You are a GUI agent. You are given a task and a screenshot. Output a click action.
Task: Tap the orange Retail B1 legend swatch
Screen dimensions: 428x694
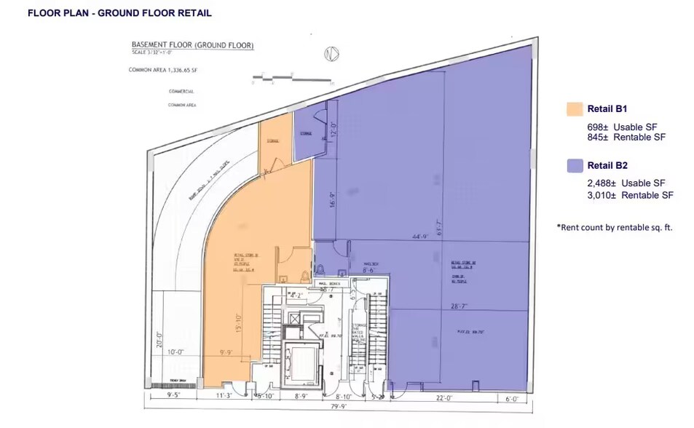[574, 109]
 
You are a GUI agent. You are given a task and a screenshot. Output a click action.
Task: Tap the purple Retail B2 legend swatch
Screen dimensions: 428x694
[574, 166]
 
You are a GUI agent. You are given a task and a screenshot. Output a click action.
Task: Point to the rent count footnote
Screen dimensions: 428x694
[615, 227]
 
